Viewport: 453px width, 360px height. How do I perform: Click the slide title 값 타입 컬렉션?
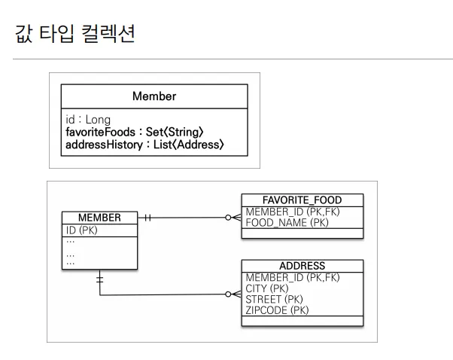[74, 34]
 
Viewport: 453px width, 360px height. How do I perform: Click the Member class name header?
[154, 96]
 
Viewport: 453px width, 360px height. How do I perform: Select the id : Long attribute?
[88, 119]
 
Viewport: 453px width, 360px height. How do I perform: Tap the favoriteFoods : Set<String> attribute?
[135, 132]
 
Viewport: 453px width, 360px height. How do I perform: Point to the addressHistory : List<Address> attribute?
[144, 144]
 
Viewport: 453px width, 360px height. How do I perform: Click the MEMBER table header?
[99, 218]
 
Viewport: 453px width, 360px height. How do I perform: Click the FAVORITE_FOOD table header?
[302, 200]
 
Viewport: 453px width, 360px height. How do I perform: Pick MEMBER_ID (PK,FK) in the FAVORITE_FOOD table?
[293, 212]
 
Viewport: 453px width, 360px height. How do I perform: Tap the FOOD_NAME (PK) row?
[287, 223]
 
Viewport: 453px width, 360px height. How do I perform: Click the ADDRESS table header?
[302, 266]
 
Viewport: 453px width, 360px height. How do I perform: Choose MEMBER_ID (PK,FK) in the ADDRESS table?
[293, 277]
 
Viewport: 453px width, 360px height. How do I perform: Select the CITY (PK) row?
[267, 288]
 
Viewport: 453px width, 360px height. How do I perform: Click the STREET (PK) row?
[275, 299]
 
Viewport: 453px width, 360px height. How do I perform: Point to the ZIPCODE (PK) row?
[278, 310]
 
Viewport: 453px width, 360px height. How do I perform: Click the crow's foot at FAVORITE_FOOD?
[233, 218]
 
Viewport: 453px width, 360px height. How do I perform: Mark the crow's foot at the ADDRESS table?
[233, 294]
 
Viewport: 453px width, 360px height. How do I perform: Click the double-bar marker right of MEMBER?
[147, 218]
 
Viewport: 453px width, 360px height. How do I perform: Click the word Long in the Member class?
[98, 119]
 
